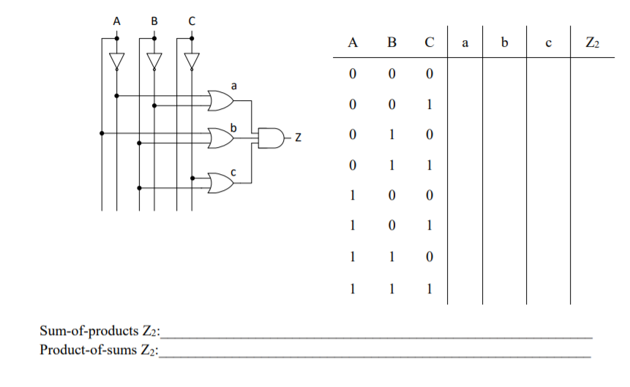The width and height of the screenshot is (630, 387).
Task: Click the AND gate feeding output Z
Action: [271, 137]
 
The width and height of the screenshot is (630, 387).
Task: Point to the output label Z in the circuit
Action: [298, 137]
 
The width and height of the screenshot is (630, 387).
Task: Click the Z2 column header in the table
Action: [593, 44]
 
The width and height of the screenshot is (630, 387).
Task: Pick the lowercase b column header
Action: [504, 44]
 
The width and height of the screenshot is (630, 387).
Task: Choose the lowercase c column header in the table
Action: [548, 44]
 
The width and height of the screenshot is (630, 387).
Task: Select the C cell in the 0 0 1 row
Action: [430, 105]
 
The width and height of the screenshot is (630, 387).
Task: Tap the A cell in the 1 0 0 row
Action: [353, 195]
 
